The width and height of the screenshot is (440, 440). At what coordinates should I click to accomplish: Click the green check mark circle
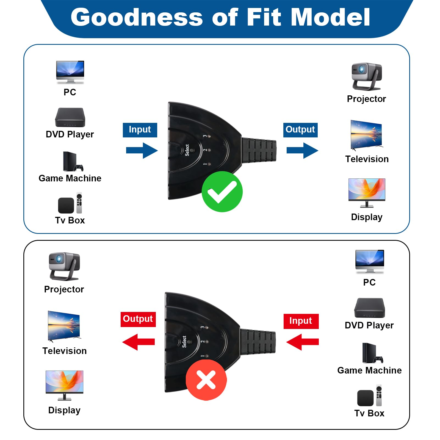click(222, 192)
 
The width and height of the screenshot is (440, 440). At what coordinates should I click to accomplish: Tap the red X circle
click(206, 380)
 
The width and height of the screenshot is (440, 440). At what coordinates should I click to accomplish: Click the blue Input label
click(140, 130)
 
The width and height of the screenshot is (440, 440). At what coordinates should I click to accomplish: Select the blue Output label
click(300, 130)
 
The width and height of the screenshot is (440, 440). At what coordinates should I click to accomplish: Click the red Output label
click(138, 319)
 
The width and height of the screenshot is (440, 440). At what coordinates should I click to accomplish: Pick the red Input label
click(301, 321)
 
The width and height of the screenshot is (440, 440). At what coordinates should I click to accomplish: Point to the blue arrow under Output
click(302, 150)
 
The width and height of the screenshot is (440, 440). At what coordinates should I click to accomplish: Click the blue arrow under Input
click(142, 150)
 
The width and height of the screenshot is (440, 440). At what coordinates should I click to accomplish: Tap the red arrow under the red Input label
click(302, 342)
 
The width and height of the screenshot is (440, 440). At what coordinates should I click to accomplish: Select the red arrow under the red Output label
click(139, 342)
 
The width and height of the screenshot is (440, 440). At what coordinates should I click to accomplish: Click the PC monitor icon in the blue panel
click(70, 72)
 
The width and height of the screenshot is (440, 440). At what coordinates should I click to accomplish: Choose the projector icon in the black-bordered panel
click(64, 266)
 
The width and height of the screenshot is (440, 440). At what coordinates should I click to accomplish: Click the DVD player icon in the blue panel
click(70, 117)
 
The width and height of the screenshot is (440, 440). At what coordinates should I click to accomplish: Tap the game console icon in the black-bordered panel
click(372, 353)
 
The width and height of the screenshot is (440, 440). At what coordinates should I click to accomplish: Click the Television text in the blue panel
click(367, 159)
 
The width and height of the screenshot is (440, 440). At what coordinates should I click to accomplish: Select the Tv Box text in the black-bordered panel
click(369, 413)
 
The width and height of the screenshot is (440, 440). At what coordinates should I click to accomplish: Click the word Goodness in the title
click(137, 17)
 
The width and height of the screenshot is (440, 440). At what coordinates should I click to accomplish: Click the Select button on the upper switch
click(192, 150)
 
